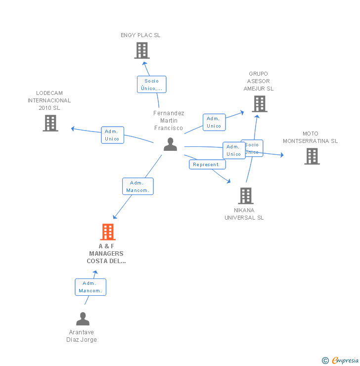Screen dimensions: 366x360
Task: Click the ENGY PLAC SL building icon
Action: click(142, 50)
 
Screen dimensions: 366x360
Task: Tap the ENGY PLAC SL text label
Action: click(140, 35)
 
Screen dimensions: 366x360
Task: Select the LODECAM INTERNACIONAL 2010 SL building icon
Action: click(50, 123)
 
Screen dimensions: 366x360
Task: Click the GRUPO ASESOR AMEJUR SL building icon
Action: click(260, 104)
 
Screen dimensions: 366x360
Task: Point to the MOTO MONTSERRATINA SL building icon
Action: click(312, 156)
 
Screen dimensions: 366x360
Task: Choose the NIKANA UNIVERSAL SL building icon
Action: click(246, 196)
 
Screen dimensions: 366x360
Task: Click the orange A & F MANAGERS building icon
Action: click(108, 231)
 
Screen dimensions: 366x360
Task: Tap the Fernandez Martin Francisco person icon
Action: click(171, 144)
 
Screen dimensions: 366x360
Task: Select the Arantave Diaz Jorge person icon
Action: click(83, 319)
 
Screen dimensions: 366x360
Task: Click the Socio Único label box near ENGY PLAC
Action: click(151, 85)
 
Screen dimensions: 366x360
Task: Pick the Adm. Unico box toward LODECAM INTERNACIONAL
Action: click(112, 135)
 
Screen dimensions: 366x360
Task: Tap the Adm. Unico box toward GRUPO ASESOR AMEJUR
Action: click(214, 122)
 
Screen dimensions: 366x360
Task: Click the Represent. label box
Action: click(207, 165)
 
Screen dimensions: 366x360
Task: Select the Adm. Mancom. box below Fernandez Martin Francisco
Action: click(138, 186)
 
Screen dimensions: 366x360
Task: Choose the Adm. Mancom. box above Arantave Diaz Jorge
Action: click(90, 287)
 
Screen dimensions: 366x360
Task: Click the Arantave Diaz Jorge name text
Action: click(82, 336)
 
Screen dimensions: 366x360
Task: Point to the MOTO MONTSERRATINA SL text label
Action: click(310, 137)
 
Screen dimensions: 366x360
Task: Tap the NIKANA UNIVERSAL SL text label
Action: click(244, 214)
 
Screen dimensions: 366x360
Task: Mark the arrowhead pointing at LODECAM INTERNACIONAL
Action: click(73, 129)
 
